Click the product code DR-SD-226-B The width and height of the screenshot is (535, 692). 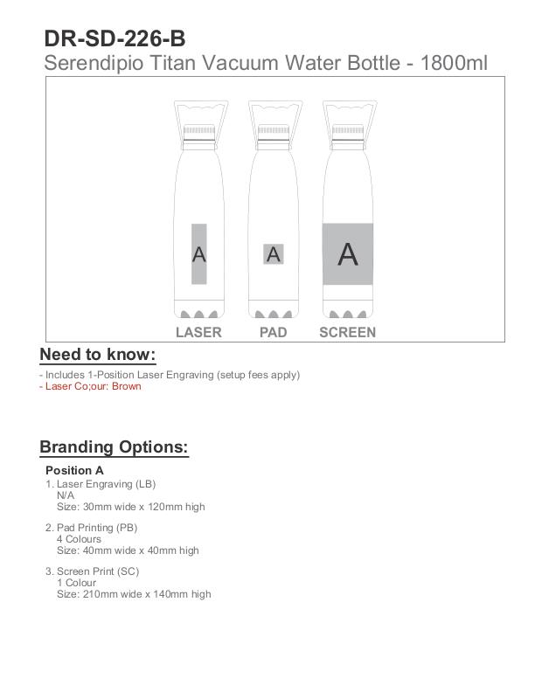[x=115, y=38]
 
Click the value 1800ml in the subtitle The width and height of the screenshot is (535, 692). [x=454, y=63]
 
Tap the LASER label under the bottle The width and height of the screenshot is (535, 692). [x=198, y=332]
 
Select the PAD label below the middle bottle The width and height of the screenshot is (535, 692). [x=273, y=332]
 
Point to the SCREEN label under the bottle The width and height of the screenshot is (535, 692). [x=347, y=332]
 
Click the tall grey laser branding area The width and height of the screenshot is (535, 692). [x=199, y=254]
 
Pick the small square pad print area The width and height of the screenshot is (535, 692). [x=274, y=254]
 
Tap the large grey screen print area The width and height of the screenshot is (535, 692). [x=348, y=254]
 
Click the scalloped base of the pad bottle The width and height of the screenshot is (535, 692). [x=274, y=313]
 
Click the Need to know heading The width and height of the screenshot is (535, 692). [x=97, y=354]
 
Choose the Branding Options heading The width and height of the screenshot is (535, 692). [x=114, y=447]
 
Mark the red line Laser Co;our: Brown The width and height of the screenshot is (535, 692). [x=93, y=386]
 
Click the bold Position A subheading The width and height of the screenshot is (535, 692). [x=74, y=470]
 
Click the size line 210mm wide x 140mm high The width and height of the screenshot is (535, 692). [x=134, y=594]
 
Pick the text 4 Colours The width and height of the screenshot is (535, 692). [x=79, y=539]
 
